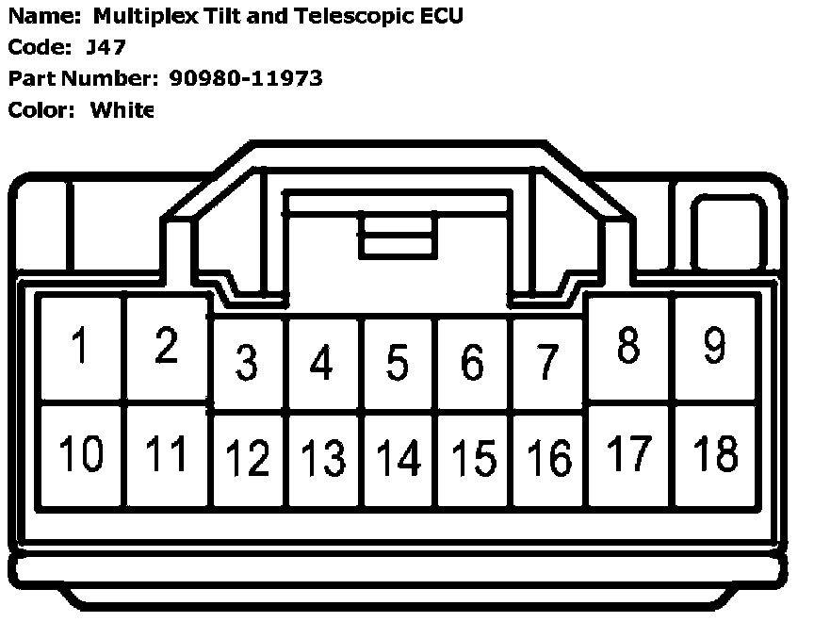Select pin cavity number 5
tap(399, 363)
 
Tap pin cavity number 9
tap(715, 347)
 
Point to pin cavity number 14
tap(399, 459)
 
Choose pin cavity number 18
tap(715, 454)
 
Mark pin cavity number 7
tap(547, 363)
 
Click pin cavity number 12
tap(248, 459)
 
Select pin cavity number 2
tap(166, 347)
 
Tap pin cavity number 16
tap(547, 459)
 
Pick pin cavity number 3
tap(248, 363)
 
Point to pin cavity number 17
tap(629, 454)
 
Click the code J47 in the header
tap(99, 47)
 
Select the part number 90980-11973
tap(246, 78)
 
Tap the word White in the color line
tap(122, 109)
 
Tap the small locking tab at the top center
tap(397, 235)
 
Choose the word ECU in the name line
tap(443, 16)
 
